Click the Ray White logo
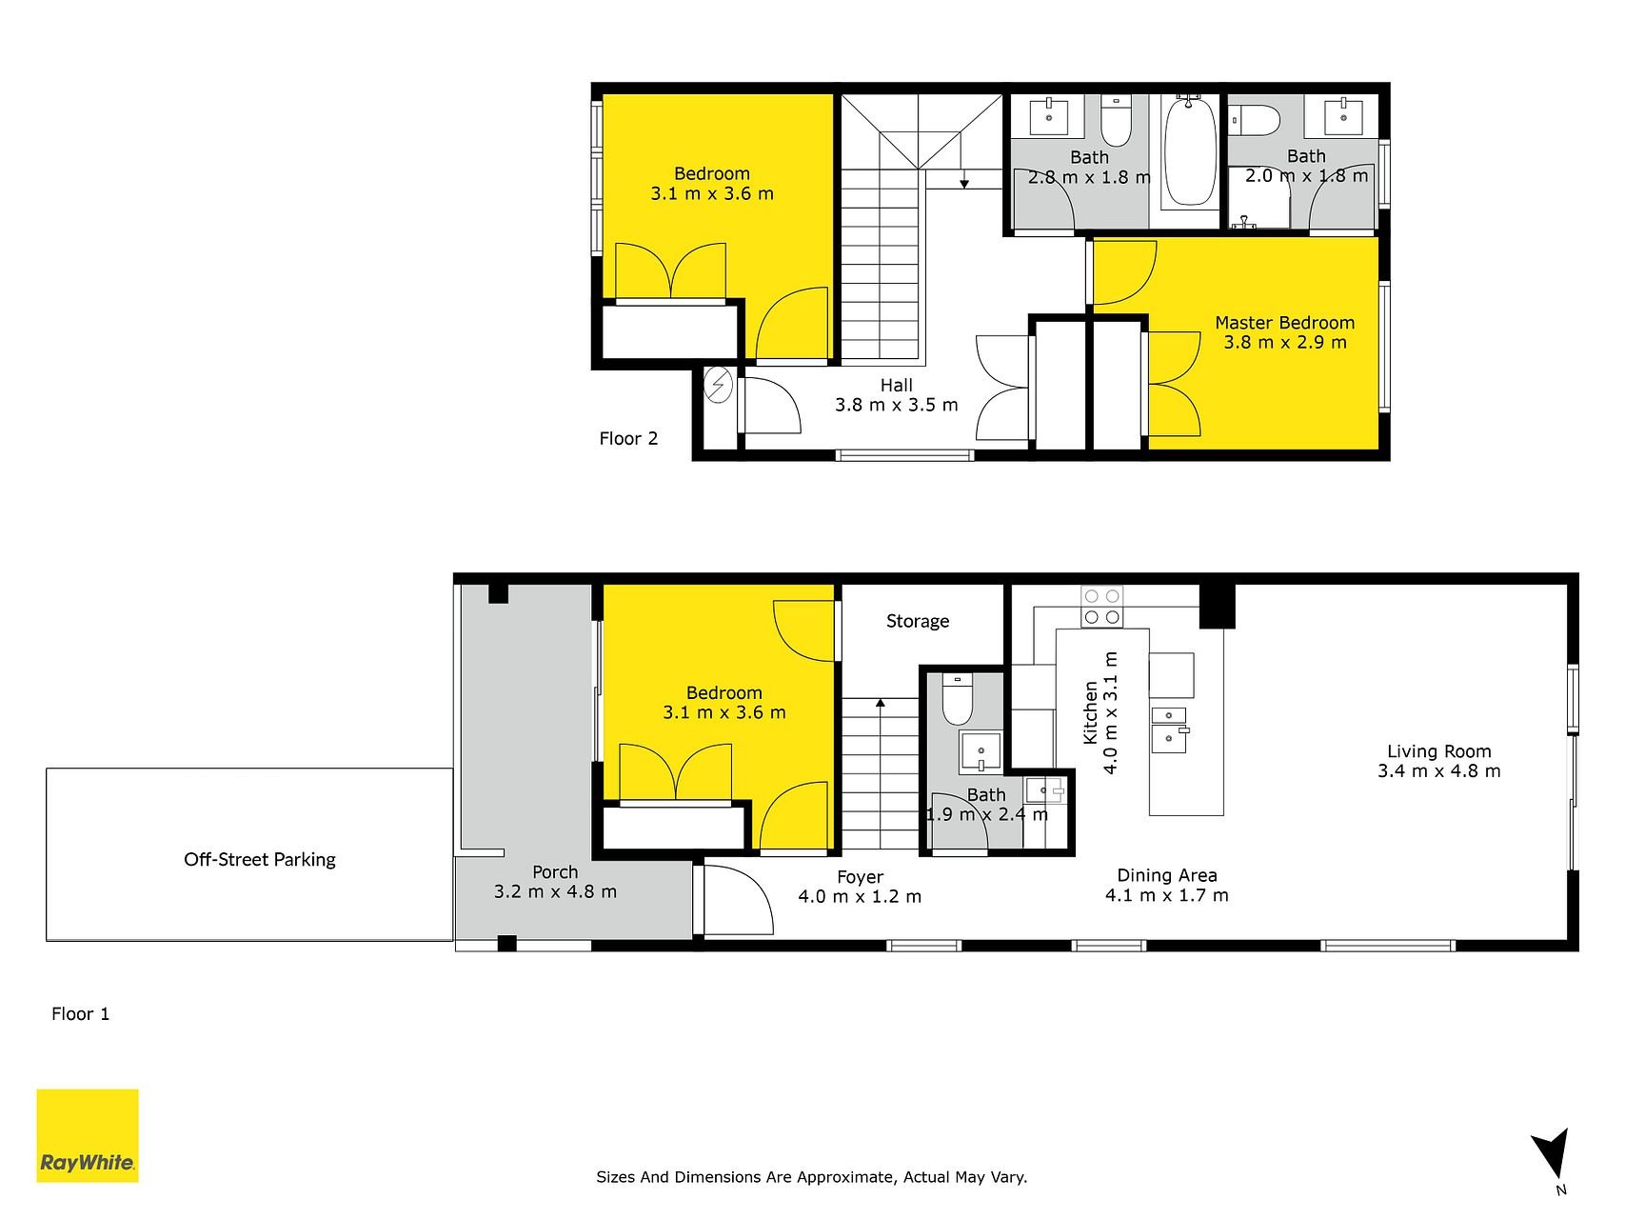tap(88, 1135)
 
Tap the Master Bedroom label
tap(1284, 323)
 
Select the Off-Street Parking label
tap(260, 860)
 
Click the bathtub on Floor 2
tap(1190, 151)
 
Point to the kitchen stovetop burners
tap(1101, 607)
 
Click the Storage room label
tap(918, 622)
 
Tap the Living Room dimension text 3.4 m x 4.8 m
tap(1438, 771)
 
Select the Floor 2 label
tap(628, 439)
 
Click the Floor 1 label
tap(81, 1014)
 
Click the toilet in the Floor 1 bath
tap(957, 700)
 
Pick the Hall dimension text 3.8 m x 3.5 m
tap(897, 405)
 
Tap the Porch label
tap(555, 872)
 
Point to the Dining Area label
tap(1167, 876)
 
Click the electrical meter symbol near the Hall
tap(717, 386)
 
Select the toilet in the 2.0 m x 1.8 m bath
tap(1254, 120)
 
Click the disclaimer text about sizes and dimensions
tap(812, 1177)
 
